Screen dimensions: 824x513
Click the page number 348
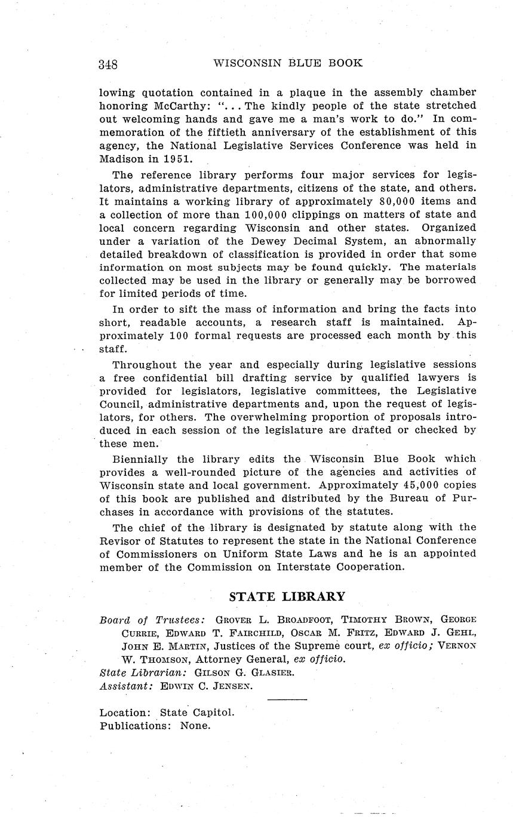[x=108, y=64]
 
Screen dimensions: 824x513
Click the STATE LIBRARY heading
[x=287, y=597]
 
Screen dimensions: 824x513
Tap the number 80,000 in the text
[x=383, y=202]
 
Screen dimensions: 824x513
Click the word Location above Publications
[x=124, y=713]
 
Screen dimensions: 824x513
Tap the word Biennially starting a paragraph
[x=140, y=459]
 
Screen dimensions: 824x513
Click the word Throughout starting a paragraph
[x=143, y=364]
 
